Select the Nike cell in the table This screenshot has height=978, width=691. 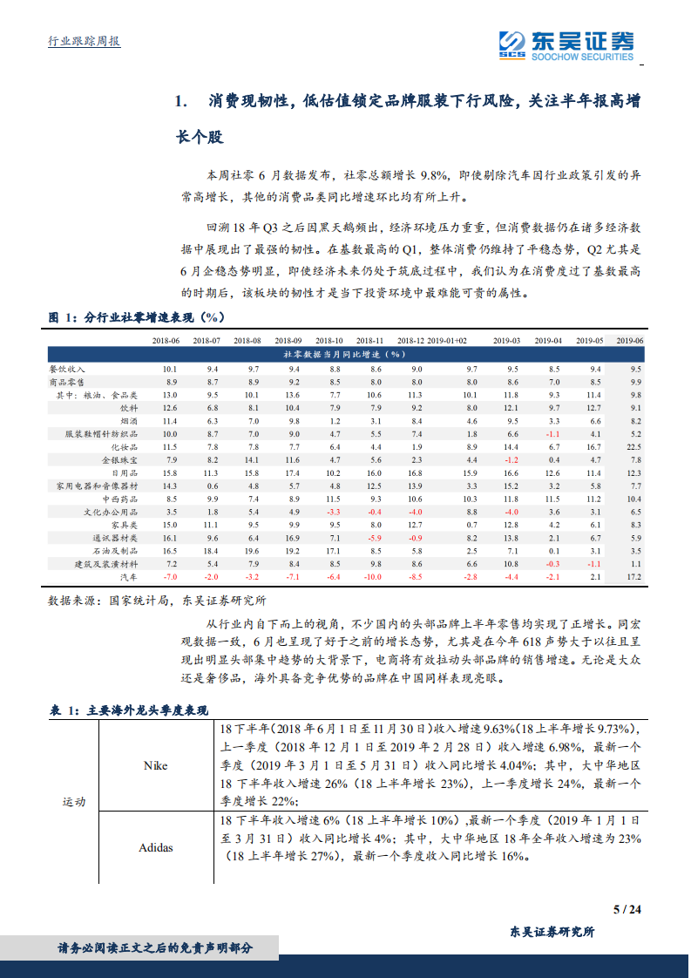pos(155,766)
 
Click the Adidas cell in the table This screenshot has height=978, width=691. pos(155,847)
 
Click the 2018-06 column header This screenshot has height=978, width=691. pos(165,341)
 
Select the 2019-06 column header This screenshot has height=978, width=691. pos(629,341)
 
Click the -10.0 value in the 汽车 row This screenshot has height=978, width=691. pos(373,577)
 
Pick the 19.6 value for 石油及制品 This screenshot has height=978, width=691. pos(253,551)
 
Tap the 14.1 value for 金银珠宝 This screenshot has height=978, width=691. pos(253,458)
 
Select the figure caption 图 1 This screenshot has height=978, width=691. pos(134,316)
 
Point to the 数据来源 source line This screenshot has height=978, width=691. pos(157,601)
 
